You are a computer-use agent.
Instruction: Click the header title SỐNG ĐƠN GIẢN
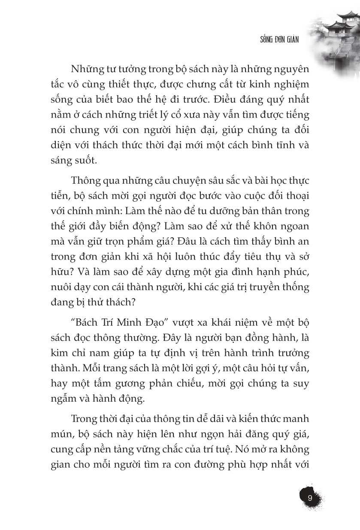279,39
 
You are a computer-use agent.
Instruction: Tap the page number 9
310,499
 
